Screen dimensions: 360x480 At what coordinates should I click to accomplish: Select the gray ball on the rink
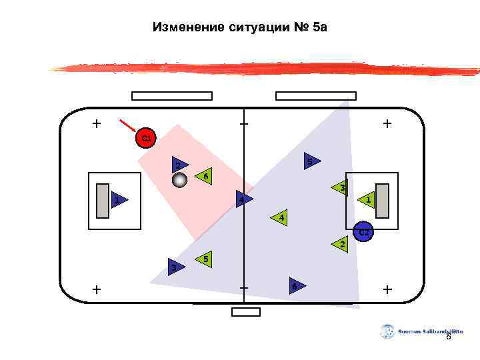[x=180, y=180]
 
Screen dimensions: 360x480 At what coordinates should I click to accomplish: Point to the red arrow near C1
[x=127, y=125]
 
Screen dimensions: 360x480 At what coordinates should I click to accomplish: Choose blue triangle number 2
[x=178, y=165]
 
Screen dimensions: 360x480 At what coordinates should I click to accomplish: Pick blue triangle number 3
[x=175, y=267]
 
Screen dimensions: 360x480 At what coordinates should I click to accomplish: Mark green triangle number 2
[x=340, y=246]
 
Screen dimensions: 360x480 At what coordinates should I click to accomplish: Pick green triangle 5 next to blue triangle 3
[x=204, y=259]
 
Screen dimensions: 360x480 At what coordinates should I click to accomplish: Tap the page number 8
[x=448, y=337]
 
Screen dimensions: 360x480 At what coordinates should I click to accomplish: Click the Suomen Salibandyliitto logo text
[x=430, y=331]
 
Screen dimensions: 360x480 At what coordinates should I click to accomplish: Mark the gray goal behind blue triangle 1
[x=102, y=200]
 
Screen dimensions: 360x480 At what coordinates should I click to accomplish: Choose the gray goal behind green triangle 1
[x=382, y=200]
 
